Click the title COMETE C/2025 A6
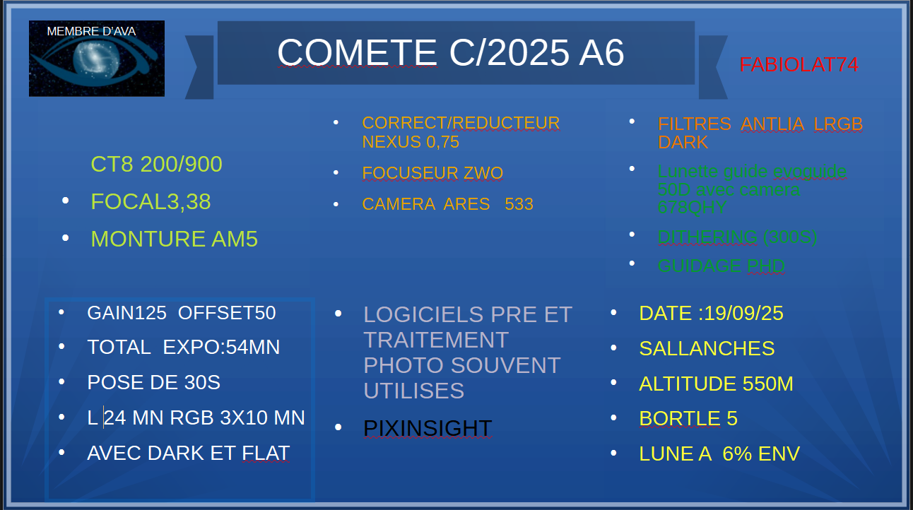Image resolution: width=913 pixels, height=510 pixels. tap(450, 52)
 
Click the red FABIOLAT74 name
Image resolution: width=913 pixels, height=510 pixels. tap(799, 65)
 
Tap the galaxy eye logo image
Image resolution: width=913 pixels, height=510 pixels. tap(97, 59)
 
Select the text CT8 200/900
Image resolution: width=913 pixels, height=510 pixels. tap(156, 164)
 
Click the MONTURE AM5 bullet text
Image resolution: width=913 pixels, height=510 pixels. tap(174, 239)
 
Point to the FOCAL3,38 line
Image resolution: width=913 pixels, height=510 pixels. tap(151, 201)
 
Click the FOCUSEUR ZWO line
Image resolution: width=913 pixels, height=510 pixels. tap(432, 173)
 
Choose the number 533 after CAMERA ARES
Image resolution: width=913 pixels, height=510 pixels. tap(519, 204)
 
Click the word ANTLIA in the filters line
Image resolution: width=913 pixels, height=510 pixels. tap(772, 124)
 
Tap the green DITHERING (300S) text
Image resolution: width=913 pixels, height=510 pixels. tap(737, 237)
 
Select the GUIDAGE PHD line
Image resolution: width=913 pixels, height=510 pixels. tap(721, 266)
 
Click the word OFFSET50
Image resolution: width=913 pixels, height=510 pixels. tap(227, 313)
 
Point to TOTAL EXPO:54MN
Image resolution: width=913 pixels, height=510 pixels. tap(184, 347)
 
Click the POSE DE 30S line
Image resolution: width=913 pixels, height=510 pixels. tap(153, 382)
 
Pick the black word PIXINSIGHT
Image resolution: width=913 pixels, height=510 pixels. tap(428, 428)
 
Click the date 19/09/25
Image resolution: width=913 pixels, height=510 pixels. tap(743, 313)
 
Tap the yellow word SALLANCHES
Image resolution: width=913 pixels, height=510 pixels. tap(707, 348)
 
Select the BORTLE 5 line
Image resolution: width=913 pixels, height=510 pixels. tap(688, 418)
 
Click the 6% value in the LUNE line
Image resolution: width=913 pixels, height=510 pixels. tap(737, 453)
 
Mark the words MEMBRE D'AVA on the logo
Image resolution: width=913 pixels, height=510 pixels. tap(91, 31)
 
